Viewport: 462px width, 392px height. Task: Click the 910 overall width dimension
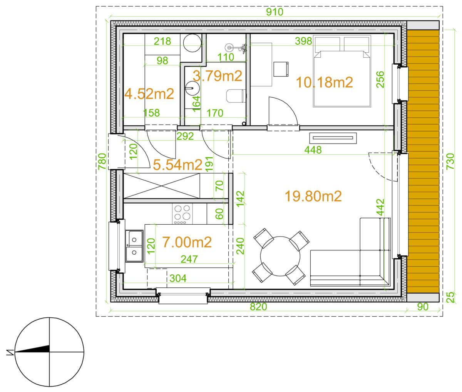[275, 12]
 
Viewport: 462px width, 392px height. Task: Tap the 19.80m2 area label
[313, 196]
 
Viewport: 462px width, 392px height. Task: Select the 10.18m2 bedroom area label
[324, 82]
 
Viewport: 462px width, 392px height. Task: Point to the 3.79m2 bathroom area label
[217, 76]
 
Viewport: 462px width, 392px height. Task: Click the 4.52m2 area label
[149, 94]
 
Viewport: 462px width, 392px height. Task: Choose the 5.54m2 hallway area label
[177, 165]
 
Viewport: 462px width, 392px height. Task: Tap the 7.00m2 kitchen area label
[187, 242]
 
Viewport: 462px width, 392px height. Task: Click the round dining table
[280, 256]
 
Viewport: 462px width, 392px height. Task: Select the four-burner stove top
[182, 214]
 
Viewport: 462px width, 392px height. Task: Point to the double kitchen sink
[134, 246]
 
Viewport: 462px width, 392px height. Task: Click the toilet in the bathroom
[236, 96]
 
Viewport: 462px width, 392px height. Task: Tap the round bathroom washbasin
[192, 88]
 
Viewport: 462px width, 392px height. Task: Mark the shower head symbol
[228, 47]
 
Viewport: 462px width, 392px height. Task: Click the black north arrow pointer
[32, 350]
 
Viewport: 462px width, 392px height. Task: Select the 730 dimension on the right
[450, 161]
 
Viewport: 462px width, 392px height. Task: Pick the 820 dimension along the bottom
[258, 307]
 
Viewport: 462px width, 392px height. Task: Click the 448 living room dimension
[313, 150]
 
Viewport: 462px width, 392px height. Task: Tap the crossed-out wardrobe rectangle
[162, 186]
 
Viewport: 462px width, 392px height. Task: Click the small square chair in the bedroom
[281, 69]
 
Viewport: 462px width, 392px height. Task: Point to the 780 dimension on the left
[102, 161]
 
